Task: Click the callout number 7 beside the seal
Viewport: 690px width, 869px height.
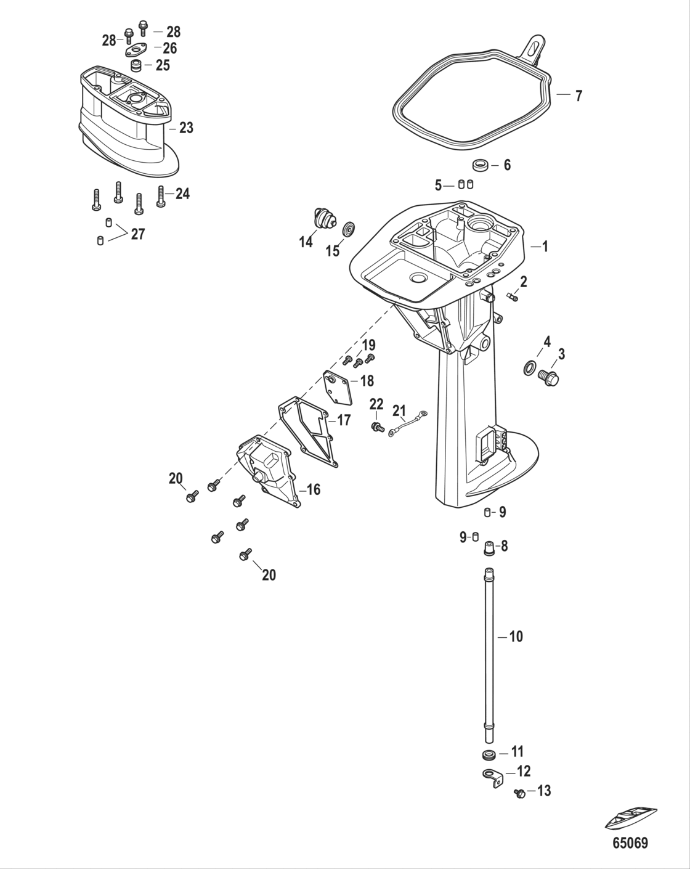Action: [578, 96]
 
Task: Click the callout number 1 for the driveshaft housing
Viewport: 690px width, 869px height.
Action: [544, 247]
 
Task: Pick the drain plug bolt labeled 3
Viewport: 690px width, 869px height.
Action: [548, 377]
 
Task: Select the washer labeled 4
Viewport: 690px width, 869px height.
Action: [529, 369]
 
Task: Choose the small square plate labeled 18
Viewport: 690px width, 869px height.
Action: [338, 387]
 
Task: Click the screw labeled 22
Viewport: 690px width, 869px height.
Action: [376, 426]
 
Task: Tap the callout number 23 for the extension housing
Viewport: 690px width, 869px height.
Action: [185, 128]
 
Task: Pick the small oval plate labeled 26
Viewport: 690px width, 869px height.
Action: [136, 49]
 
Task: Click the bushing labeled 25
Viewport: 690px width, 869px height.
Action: [135, 65]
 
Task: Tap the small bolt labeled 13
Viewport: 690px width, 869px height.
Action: [519, 794]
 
